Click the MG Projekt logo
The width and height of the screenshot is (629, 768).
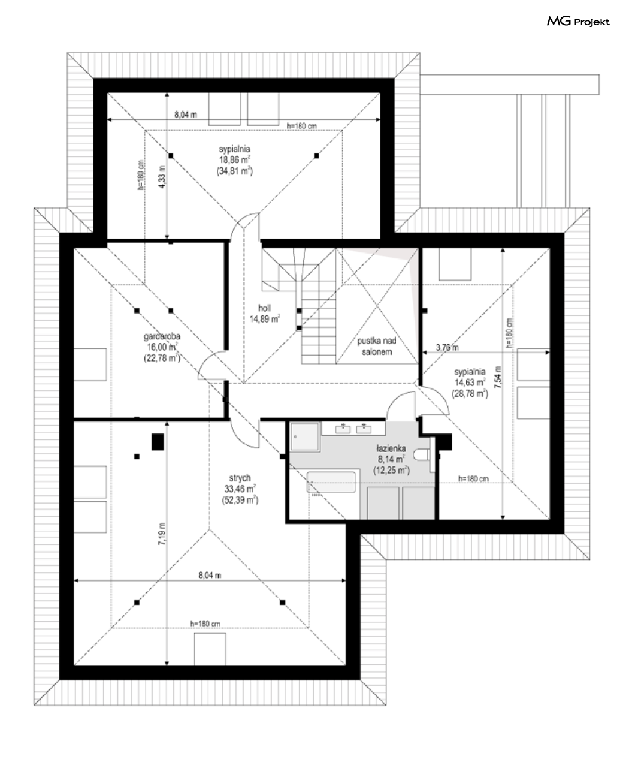(x=578, y=22)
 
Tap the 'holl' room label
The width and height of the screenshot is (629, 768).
(x=264, y=308)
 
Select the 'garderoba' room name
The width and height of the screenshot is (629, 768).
(x=162, y=336)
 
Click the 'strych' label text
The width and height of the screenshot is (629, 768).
(x=240, y=478)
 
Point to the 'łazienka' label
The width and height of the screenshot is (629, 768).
(x=391, y=448)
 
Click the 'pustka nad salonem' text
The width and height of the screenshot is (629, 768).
(x=377, y=347)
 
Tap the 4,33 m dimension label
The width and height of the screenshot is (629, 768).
(x=162, y=177)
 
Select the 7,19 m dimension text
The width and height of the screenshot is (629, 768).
(x=162, y=534)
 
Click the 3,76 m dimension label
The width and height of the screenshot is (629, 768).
(x=447, y=347)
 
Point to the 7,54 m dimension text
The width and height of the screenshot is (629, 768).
(x=498, y=377)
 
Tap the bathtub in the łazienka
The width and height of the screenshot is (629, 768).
(x=331, y=482)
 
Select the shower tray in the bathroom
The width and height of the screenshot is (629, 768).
(x=305, y=436)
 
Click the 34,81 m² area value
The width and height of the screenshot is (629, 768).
(x=235, y=171)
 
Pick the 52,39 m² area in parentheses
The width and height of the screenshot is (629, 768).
(x=240, y=500)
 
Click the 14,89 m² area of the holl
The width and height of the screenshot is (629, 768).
(x=264, y=319)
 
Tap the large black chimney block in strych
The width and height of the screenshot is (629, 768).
(x=158, y=442)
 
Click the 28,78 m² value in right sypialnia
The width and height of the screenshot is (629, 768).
(x=470, y=394)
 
